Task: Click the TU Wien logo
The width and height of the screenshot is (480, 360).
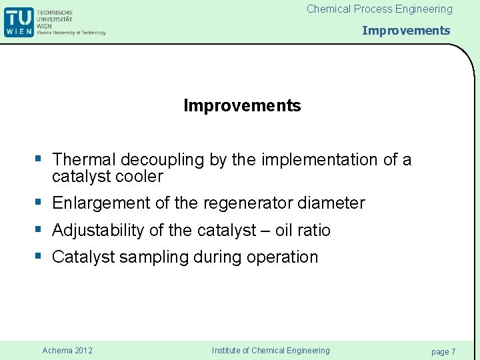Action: pyautogui.click(x=18, y=22)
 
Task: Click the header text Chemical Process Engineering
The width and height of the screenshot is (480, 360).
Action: pyautogui.click(x=379, y=9)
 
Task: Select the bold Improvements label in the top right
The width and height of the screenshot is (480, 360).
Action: pyautogui.click(x=406, y=31)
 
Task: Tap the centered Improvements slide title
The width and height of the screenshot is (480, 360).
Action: pyautogui.click(x=242, y=106)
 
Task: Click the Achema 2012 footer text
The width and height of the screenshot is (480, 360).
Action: pyautogui.click(x=67, y=351)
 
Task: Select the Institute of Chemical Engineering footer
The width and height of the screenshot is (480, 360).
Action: pyautogui.click(x=271, y=351)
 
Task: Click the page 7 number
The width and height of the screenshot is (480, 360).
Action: pyautogui.click(x=443, y=351)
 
